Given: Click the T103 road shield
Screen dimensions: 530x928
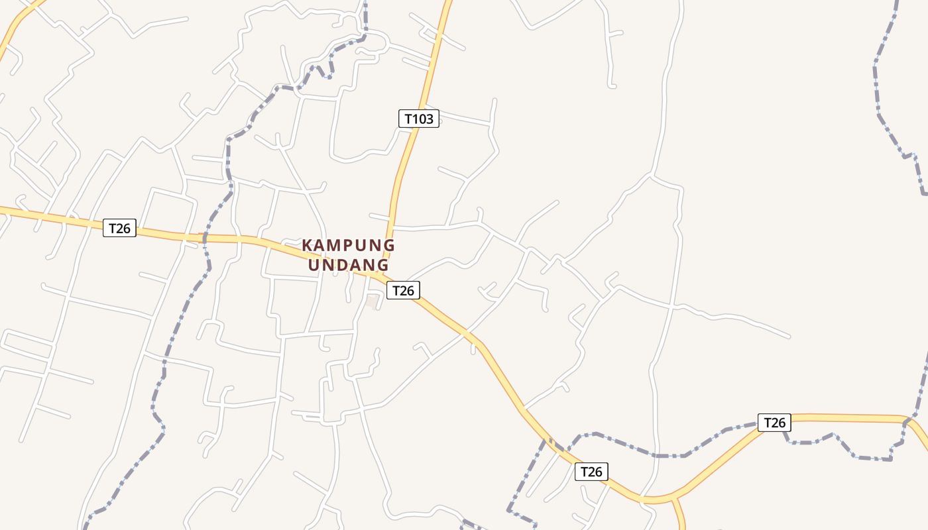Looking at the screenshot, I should point(418,119).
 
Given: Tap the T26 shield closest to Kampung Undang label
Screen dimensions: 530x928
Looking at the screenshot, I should point(403,290).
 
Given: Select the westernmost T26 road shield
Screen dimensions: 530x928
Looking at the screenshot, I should point(119,229).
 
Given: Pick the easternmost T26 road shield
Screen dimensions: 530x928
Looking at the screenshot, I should point(774,422).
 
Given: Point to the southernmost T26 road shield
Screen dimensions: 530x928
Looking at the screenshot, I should point(591,471).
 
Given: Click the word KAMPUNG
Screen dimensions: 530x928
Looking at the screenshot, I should point(348,245).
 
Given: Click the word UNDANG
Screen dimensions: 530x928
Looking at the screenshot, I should point(349,265).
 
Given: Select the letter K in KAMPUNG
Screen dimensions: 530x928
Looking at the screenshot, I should point(308,245).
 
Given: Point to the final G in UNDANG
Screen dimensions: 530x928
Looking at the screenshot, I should point(382,265).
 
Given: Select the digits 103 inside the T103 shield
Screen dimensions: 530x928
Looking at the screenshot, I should point(423,119).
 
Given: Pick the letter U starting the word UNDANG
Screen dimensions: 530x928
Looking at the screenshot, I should point(315,265).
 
